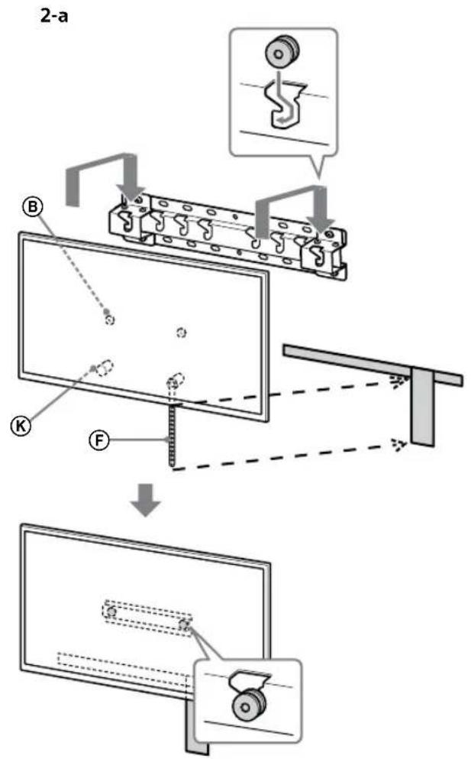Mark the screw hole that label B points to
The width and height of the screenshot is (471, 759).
[x=110, y=319]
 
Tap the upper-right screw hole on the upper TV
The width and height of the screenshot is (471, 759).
[x=181, y=332]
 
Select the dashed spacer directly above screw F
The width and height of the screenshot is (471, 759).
[x=173, y=380]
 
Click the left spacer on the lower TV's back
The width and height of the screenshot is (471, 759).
[x=111, y=612]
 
